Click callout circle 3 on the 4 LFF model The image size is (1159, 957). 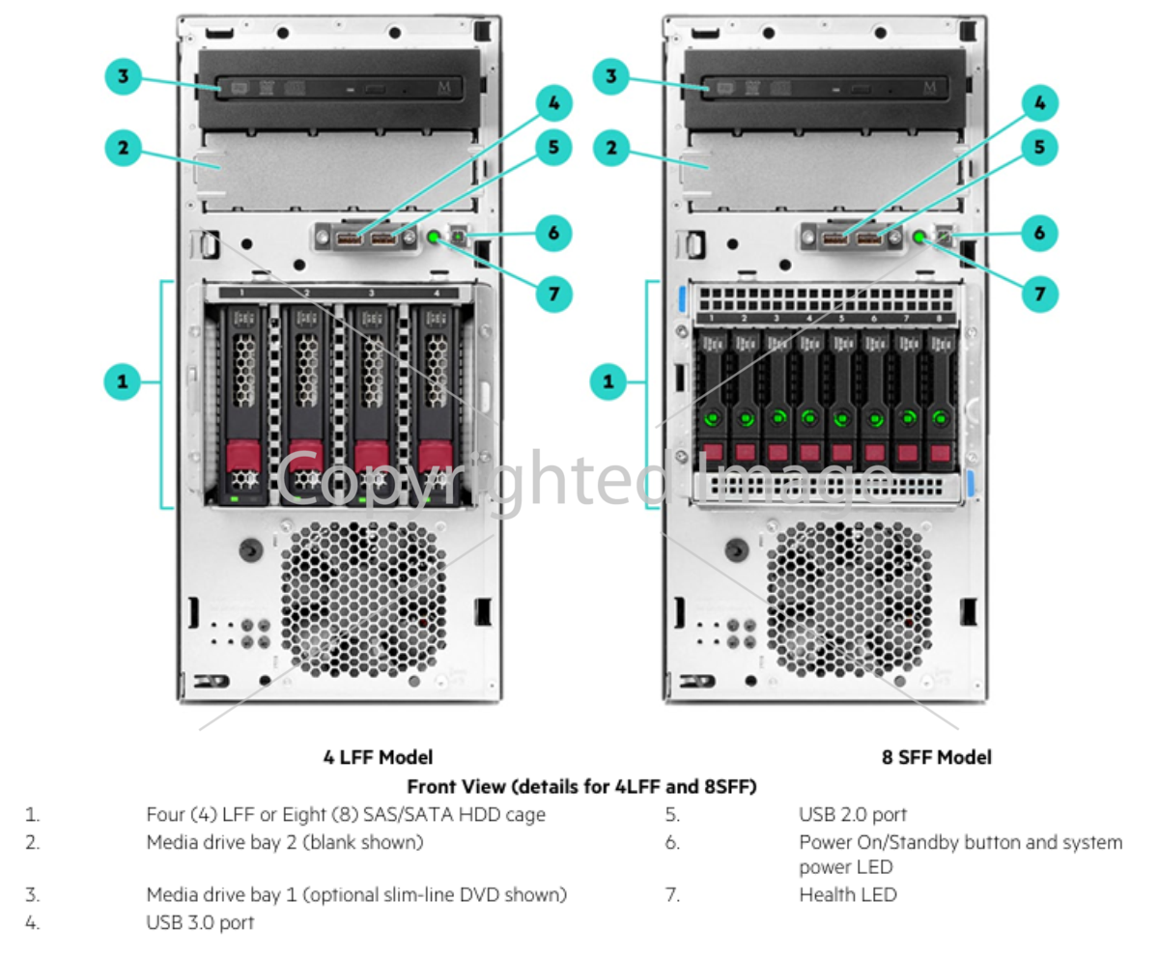(123, 76)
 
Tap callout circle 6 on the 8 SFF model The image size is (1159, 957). (1039, 233)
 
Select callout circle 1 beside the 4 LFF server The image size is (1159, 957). (123, 381)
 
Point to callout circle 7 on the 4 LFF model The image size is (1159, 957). (553, 293)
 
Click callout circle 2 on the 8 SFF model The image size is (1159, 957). (609, 149)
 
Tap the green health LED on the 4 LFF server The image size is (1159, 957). (434, 237)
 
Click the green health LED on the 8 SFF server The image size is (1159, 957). (919, 237)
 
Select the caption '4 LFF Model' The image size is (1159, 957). (378, 757)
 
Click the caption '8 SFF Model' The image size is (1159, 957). (936, 757)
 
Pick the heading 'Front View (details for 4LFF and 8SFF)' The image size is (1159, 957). (581, 786)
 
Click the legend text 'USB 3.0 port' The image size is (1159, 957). (200, 922)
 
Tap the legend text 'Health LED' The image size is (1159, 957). (847, 894)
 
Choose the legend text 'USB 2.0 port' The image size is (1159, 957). (853, 814)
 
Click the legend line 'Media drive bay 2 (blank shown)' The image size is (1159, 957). (284, 842)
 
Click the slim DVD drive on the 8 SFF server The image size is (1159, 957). (824, 88)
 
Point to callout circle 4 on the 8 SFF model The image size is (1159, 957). (1039, 102)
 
